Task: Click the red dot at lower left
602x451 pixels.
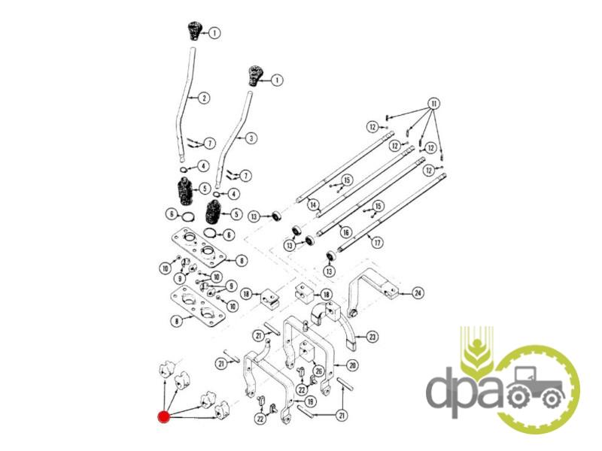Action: [x=163, y=416]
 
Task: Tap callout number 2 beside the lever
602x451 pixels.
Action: [x=204, y=98]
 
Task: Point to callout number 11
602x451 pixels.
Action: [x=433, y=102]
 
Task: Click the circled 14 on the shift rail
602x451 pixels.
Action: [x=312, y=204]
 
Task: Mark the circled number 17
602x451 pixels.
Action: [x=376, y=242]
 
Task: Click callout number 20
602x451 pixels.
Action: [x=351, y=365]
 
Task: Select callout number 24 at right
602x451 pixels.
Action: [x=418, y=293]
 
